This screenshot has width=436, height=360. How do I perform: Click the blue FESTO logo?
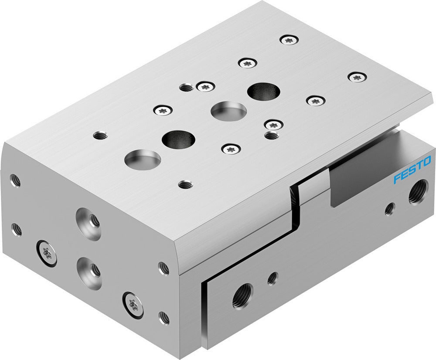[x=412, y=170]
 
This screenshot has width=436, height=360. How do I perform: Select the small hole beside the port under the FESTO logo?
[x=389, y=209]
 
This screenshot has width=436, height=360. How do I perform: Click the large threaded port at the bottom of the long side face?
[x=242, y=297]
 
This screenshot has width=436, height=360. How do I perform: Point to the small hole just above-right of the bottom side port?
[x=272, y=278]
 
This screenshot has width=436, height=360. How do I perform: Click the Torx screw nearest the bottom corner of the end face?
[x=133, y=302]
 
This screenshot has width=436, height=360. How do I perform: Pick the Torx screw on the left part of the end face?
[x=46, y=253]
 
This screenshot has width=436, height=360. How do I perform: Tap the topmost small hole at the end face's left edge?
[x=15, y=180]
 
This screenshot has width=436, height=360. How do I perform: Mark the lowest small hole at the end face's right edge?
[x=164, y=317]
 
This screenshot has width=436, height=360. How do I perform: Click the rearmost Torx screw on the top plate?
[x=289, y=40]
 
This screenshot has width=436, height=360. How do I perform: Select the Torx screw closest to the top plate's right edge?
[x=357, y=77]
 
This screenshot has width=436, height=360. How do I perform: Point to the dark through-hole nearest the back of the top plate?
[x=263, y=92]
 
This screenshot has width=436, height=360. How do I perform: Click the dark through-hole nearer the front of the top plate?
[x=178, y=139]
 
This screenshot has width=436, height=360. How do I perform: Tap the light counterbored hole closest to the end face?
[x=143, y=159]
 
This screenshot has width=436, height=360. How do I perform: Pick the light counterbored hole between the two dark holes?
[x=228, y=111]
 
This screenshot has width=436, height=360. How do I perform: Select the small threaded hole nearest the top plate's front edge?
[x=186, y=184]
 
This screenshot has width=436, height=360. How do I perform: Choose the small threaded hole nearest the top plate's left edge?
[x=100, y=136]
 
